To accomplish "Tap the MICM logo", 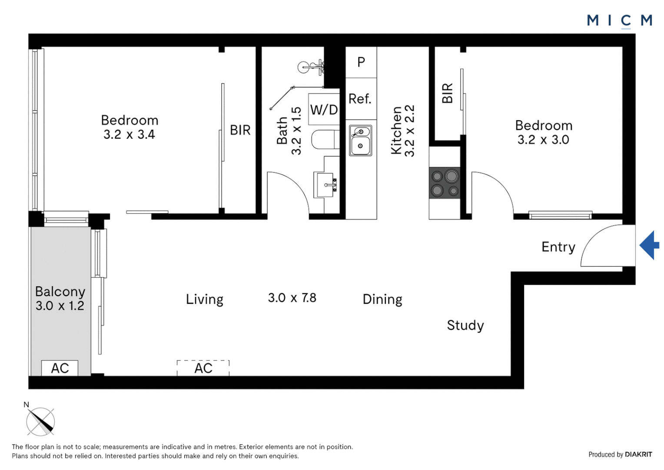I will pos(619,20).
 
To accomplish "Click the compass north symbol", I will pos(40,421).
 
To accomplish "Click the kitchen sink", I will pos(360,141).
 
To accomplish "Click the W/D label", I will pos(324,110).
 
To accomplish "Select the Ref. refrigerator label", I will pos(360,99).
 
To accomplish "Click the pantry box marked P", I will pos(361,62).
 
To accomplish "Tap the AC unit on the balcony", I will pos(60,368).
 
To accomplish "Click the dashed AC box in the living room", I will pos(203,368).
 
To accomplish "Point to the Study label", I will pos(465,325).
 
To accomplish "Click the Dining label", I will pos(382,299).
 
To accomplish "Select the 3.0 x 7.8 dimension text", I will pos(292,298).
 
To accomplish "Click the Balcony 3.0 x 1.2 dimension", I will pos(60,305).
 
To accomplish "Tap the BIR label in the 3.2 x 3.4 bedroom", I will pos(240,130).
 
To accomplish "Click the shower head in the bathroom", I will pos(304,67).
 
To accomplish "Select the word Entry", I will pos(558,247).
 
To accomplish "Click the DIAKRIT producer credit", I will pos(638,454).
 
